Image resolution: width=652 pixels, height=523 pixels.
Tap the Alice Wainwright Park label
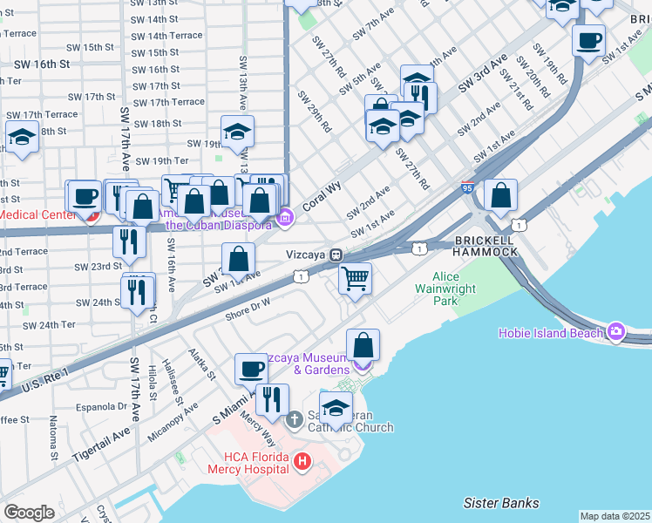click(445, 289)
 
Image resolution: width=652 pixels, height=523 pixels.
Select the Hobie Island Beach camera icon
click(616, 331)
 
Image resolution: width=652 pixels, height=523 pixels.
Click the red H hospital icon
click(302, 461)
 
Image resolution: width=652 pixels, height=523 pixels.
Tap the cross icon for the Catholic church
click(295, 420)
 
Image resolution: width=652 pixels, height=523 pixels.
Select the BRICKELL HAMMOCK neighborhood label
click(485, 244)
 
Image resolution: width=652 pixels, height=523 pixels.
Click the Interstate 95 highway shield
click(467, 187)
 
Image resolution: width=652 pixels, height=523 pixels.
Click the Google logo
click(28, 512)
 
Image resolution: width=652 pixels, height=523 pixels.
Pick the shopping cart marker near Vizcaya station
click(355, 279)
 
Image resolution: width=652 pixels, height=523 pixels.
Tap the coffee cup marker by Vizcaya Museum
click(251, 369)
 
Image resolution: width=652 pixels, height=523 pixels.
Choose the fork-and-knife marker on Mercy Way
click(272, 399)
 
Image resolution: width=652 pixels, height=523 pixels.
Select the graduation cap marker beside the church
click(336, 408)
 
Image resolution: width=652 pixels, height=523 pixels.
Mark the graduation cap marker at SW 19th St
click(237, 132)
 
